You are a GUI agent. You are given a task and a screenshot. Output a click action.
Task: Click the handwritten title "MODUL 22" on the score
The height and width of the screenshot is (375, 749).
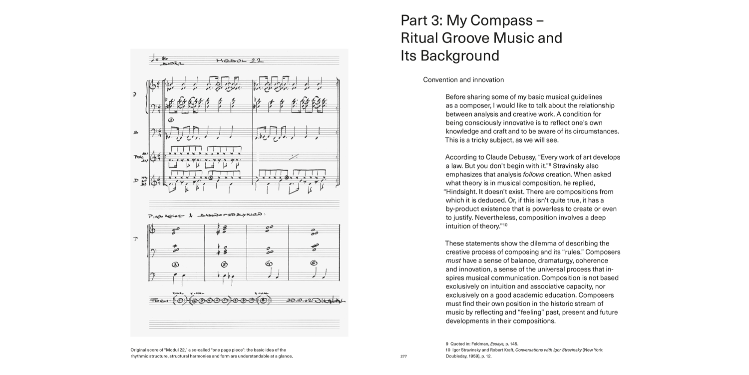(239, 60)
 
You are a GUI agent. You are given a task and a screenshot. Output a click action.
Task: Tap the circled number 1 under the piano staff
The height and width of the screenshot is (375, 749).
(171, 120)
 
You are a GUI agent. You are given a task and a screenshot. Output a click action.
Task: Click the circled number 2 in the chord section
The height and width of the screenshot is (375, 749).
(175, 264)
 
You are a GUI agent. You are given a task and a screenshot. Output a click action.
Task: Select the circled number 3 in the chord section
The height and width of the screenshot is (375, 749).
(224, 264)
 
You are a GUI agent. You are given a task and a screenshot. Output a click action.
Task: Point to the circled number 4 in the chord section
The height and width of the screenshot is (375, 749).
(269, 263)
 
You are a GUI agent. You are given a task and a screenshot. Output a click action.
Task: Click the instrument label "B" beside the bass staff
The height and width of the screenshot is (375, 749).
(135, 132)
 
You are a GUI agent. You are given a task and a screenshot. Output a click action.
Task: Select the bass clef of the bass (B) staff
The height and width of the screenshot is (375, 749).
(156, 132)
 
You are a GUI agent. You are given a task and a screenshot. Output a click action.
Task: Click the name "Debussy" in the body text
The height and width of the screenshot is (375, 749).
(523, 157)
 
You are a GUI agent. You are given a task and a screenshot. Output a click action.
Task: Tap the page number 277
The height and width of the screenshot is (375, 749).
(404, 357)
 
